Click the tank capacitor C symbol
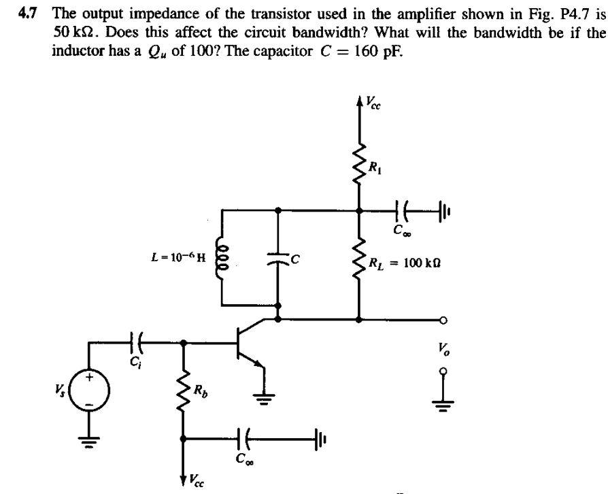click(x=277, y=257)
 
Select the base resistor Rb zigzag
click(x=182, y=390)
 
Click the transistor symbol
click(x=249, y=347)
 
